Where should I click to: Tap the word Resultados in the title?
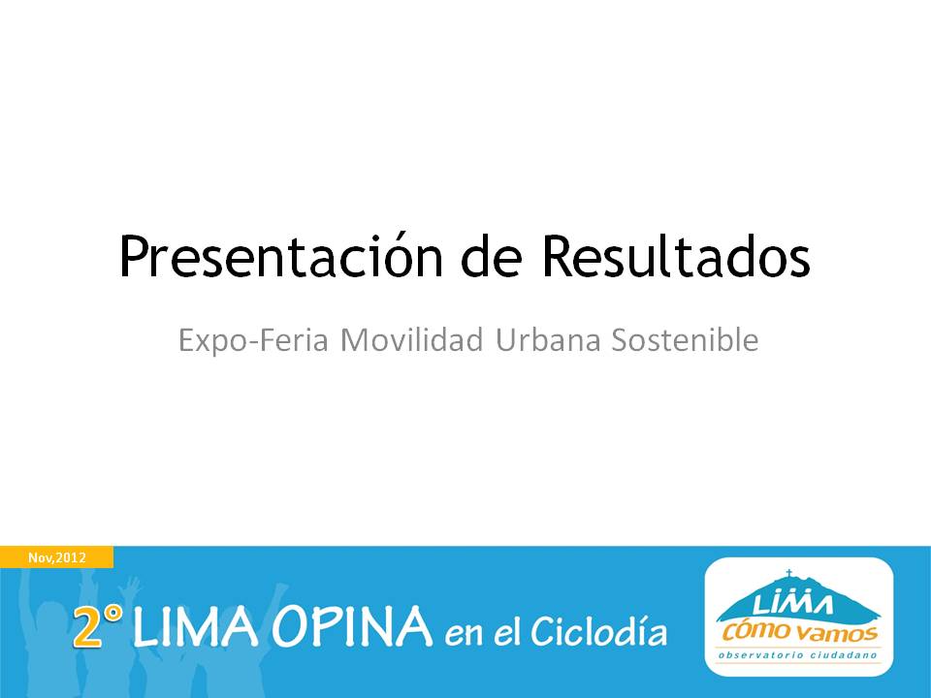[x=676, y=255]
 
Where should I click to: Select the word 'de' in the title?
[x=492, y=255]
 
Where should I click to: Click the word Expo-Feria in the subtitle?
[x=253, y=340]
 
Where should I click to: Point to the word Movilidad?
[x=411, y=339]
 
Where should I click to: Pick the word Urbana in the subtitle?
[x=548, y=339]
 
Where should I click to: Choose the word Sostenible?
[x=686, y=339]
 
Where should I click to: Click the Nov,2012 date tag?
[x=57, y=557]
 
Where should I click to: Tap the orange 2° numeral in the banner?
[x=98, y=625]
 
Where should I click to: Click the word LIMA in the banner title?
[x=196, y=626]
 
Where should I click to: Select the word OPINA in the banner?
[x=353, y=626]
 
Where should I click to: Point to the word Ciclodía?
[x=598, y=630]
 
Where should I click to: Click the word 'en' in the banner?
[x=465, y=635]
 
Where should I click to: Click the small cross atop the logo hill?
[x=789, y=573]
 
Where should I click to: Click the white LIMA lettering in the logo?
[x=792, y=605]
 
